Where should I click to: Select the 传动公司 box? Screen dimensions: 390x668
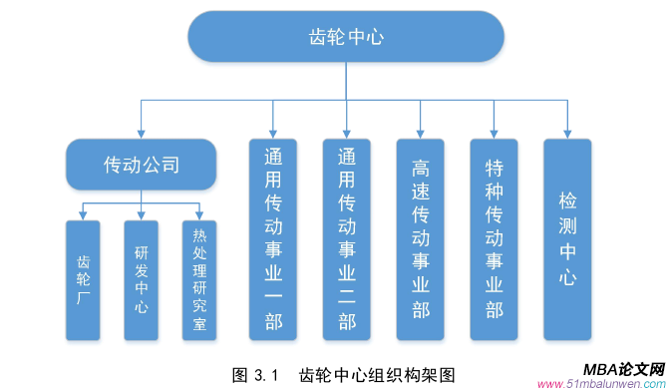pos(142,165)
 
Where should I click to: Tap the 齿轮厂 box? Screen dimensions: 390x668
pos(83,280)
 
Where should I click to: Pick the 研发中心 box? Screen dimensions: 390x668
pos(142,280)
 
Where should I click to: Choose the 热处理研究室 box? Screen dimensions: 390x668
pos(199,280)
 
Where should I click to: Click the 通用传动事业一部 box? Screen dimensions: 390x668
pos(272,239)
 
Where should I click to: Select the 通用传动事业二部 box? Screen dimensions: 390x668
pos(346,239)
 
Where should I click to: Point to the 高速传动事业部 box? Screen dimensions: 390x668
pos(420,239)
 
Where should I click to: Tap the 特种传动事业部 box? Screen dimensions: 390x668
pos(494,239)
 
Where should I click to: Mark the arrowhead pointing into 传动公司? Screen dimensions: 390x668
pos(142,134)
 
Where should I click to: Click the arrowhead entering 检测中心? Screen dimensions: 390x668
pos(567,134)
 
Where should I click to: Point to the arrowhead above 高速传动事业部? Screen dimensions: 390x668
pos(420,134)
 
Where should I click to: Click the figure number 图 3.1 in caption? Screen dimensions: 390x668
pos(252,375)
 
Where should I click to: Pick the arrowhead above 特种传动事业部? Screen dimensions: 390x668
pos(494,134)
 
